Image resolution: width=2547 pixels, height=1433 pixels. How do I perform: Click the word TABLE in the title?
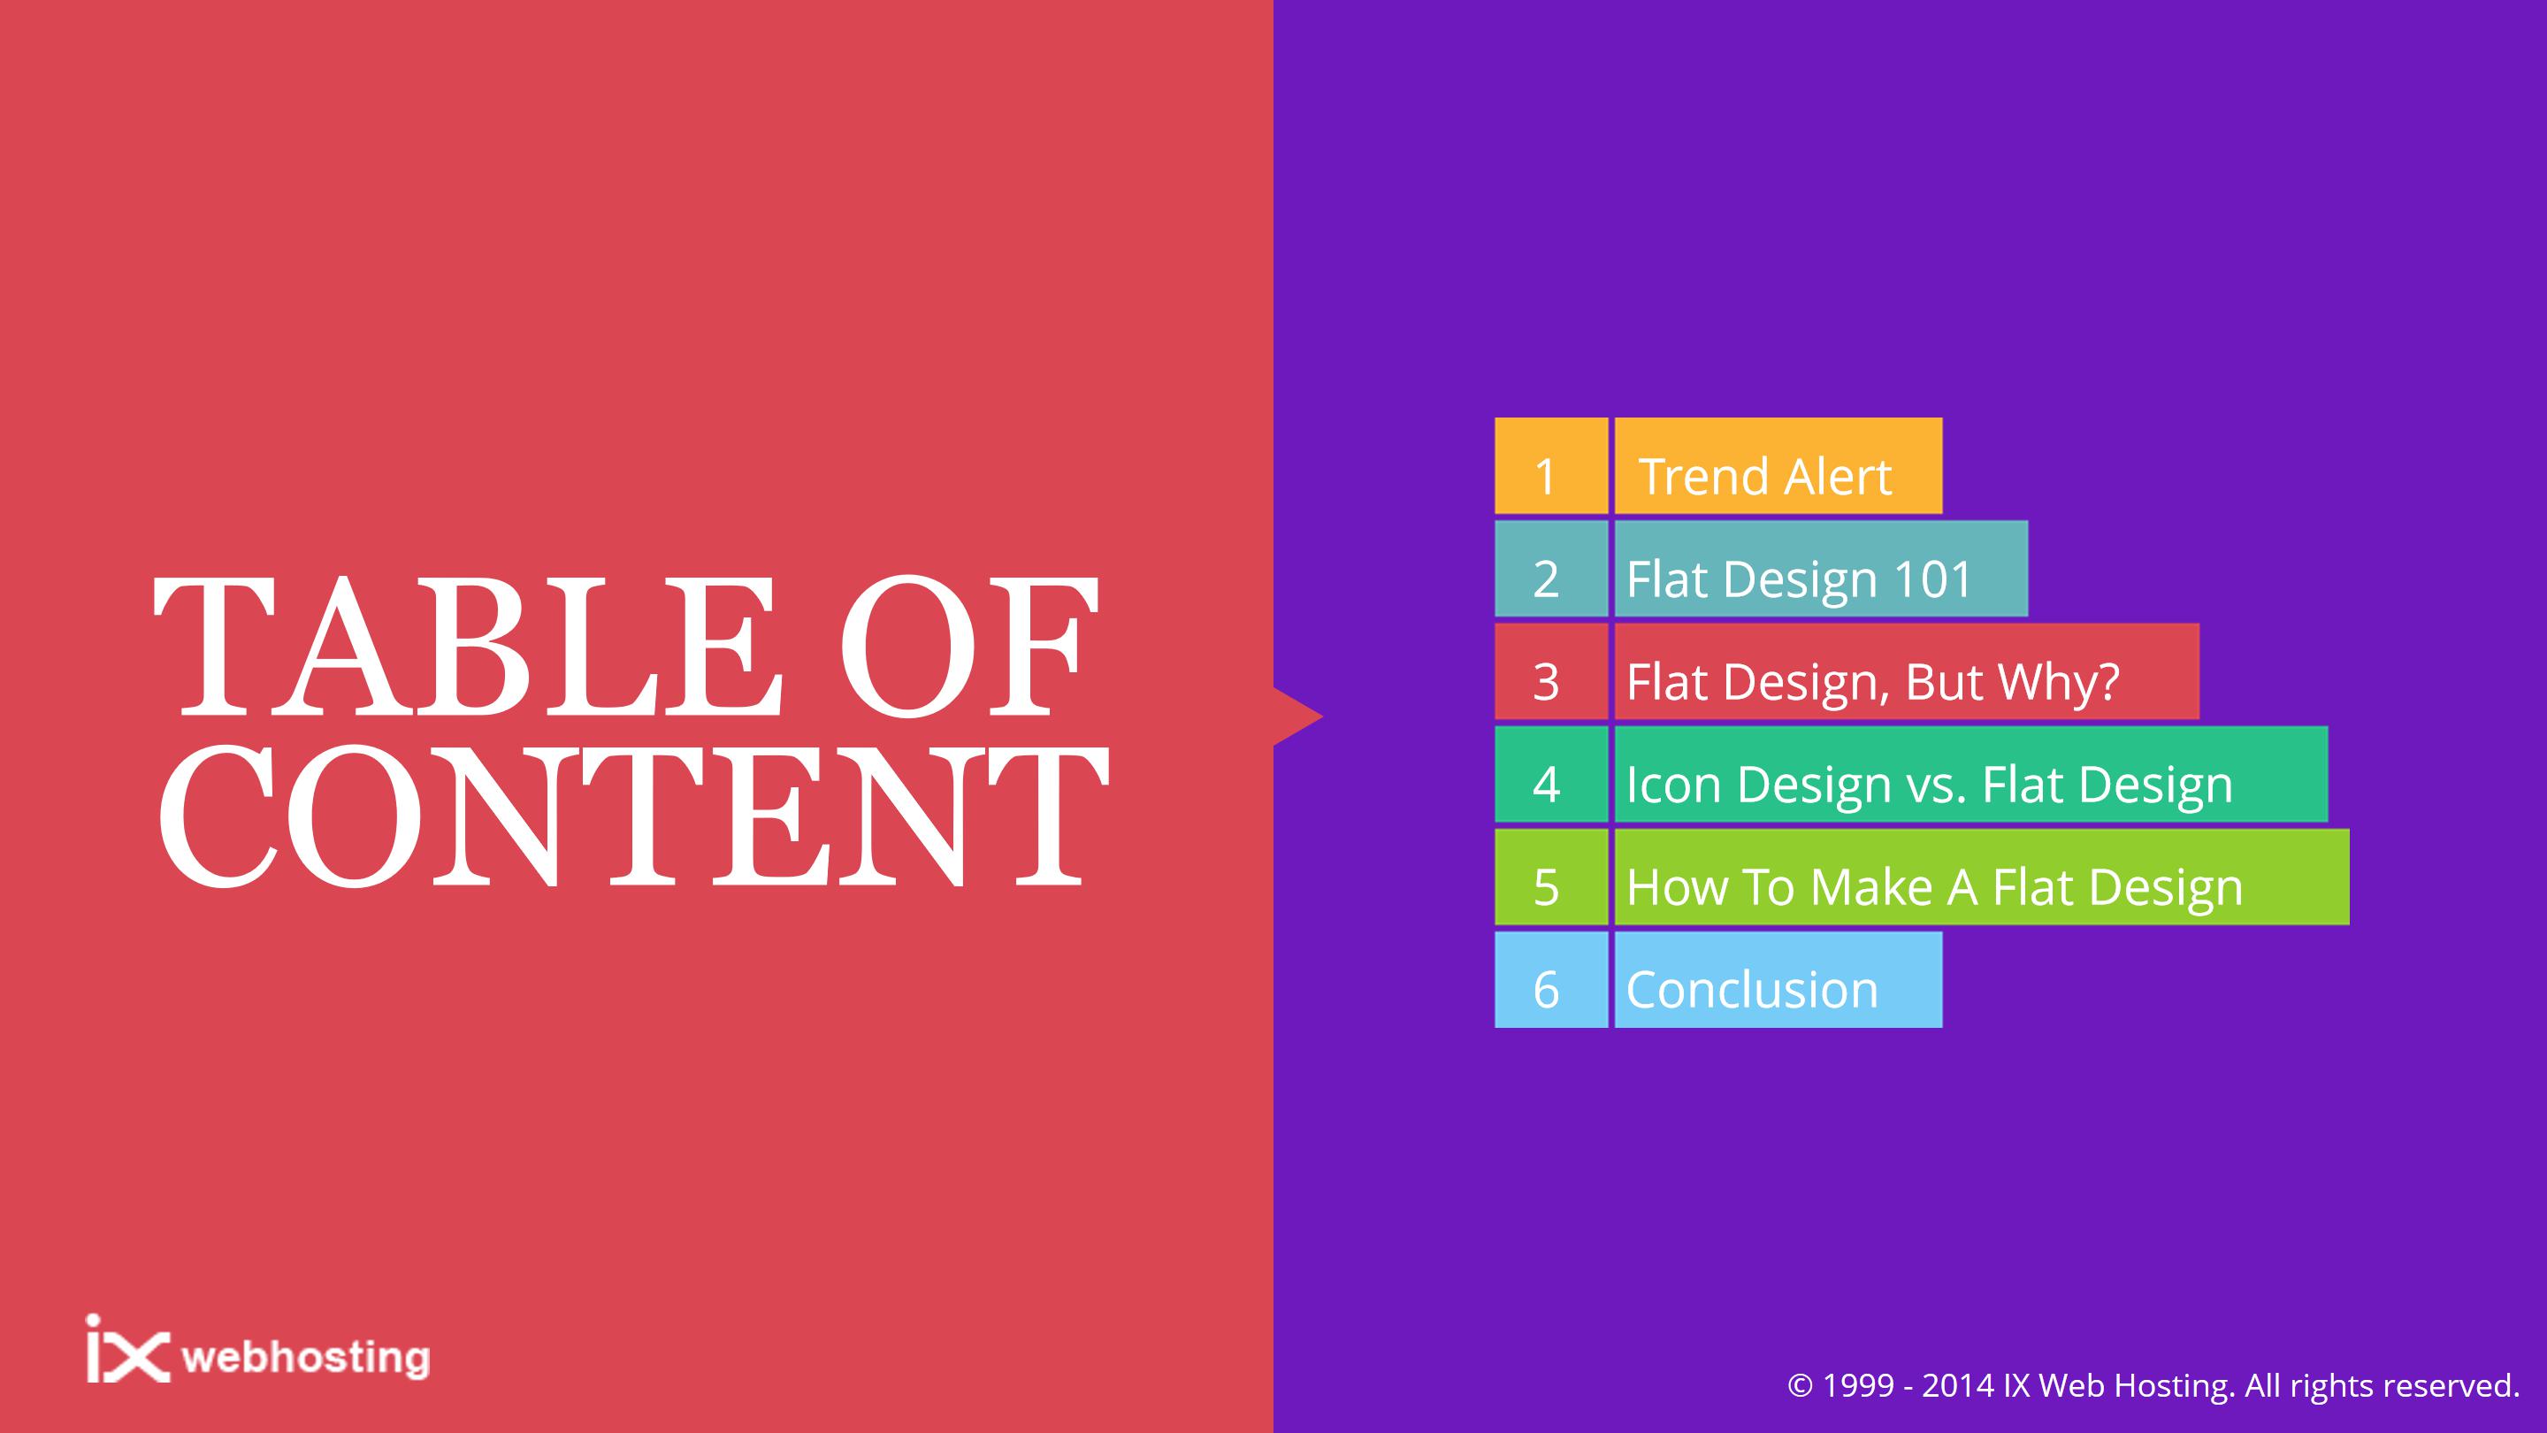pos(468,647)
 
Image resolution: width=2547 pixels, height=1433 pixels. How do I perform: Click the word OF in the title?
pos(970,647)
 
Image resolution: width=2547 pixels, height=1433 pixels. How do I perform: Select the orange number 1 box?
pos(1551,466)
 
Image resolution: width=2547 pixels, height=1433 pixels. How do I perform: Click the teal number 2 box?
pos(1551,569)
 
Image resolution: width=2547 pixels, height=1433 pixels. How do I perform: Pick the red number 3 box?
pos(1551,671)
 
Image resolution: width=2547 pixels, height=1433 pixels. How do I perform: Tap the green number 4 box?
pos(1551,774)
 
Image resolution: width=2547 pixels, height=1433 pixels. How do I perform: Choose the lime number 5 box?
pos(1551,877)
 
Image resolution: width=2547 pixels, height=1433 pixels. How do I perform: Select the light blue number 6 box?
pos(1551,980)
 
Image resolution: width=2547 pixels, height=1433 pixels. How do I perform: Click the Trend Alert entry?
pos(1778,466)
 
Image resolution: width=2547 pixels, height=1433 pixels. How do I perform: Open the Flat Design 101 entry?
pos(1821,569)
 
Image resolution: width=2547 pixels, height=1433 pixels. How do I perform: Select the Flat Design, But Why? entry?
pos(1908,671)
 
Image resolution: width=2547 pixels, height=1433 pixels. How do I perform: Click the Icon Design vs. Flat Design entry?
pos(1971,774)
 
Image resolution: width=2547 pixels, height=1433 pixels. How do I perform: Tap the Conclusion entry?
pos(1778,980)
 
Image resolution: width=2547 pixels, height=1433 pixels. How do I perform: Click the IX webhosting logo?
pos(258,1349)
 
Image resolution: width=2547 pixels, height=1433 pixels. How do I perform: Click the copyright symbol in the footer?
pos(1801,1385)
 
